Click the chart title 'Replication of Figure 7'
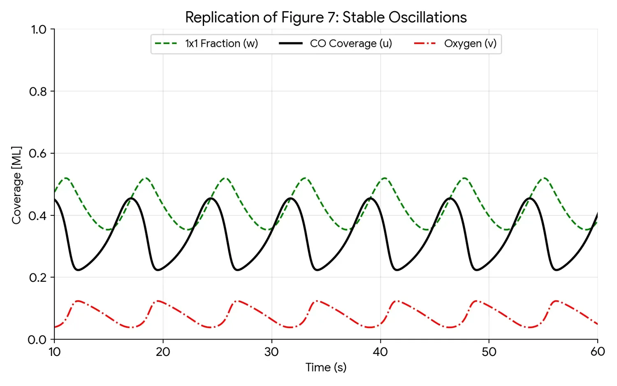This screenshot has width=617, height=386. point(326,17)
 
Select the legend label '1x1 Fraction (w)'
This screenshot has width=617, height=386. point(221,44)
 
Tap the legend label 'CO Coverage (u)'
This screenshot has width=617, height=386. point(350,44)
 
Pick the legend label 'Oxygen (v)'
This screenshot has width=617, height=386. point(470,44)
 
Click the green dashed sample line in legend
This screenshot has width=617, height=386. point(166,44)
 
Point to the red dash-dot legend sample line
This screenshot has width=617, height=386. point(425,44)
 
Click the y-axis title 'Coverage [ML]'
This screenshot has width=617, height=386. point(16,185)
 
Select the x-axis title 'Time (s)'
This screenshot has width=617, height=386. point(326,367)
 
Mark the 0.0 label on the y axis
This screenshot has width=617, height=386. point(37,340)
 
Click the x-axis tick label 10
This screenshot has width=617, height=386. point(54,352)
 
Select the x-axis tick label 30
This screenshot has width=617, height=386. point(271,352)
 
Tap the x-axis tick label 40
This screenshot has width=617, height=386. point(380,352)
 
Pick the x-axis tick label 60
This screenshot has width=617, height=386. point(597,352)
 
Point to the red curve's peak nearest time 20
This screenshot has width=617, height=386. point(158,301)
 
